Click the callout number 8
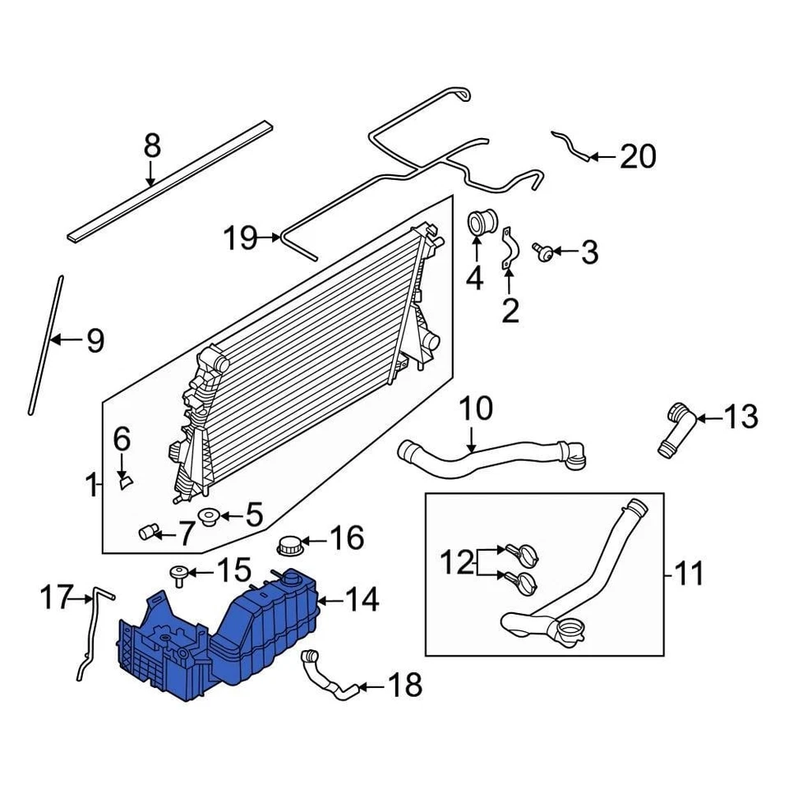(151, 147)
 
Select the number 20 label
(638, 155)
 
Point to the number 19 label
(241, 239)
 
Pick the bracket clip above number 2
(510, 249)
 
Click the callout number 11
(688, 572)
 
